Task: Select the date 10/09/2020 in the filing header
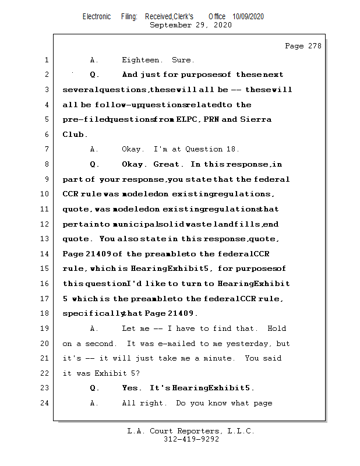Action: coord(248,17)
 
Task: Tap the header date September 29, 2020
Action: coord(190,26)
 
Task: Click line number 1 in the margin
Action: coord(46,60)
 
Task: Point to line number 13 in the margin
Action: coord(45,239)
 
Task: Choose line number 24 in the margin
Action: coord(45,403)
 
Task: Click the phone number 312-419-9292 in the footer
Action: coord(191,439)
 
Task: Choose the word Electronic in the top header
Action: coord(97,17)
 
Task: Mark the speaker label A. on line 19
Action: coord(94,329)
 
